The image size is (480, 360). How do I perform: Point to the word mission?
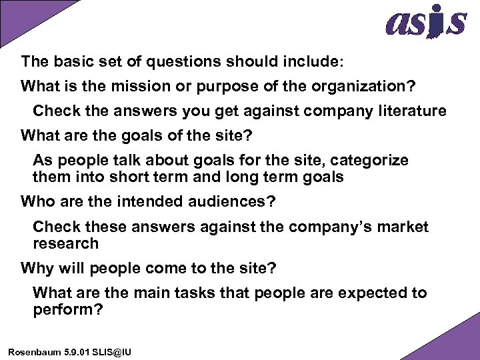[x=133, y=87]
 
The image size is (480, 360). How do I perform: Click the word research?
[x=65, y=243]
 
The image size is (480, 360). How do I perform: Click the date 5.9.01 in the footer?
[x=77, y=351]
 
